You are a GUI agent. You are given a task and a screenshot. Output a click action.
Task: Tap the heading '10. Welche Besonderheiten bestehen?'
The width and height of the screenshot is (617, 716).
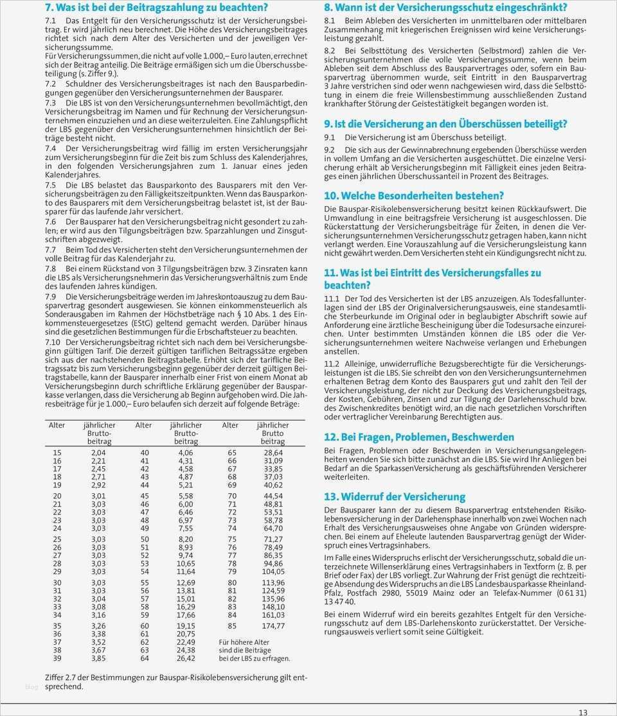point(414,196)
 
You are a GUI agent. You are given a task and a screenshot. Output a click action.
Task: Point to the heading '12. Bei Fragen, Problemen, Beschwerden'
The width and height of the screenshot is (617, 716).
point(419,437)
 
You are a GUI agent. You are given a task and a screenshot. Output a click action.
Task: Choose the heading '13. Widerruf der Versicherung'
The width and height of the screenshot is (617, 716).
point(395,497)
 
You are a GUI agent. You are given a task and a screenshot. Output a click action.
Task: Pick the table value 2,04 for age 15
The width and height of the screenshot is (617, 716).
point(98,453)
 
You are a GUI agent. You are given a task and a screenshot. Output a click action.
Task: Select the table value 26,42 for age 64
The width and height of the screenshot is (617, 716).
point(186,658)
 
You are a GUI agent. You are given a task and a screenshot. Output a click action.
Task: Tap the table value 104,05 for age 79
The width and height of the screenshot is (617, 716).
point(273,571)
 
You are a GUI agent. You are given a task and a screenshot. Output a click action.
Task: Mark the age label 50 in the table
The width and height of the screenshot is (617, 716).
point(145,539)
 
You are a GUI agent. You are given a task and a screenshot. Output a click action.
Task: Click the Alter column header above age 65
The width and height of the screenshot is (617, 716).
point(230,425)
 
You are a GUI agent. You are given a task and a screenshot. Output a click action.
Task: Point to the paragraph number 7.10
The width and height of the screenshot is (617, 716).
point(53,343)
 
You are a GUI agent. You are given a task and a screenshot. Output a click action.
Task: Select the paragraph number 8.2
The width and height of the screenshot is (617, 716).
point(330,51)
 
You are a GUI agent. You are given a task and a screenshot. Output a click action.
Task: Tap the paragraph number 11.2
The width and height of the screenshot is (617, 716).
point(332,363)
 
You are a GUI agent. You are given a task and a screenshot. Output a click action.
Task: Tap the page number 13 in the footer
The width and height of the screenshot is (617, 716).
point(582,712)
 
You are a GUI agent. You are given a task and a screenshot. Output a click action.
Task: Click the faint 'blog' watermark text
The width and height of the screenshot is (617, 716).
point(31,688)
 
